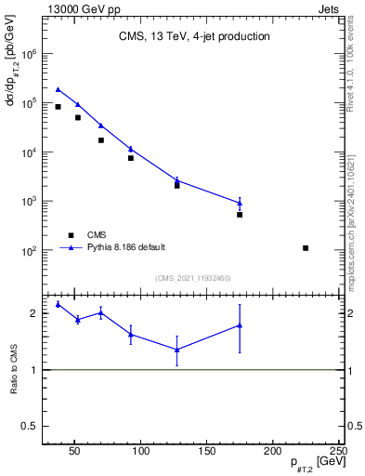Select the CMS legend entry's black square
pyautogui.click(x=71, y=235)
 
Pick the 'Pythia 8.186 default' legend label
pyautogui.click(x=126, y=247)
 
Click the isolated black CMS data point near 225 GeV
pyautogui.click(x=306, y=248)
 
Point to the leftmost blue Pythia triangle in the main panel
pyautogui.click(x=58, y=89)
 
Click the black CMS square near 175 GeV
pyautogui.click(x=240, y=215)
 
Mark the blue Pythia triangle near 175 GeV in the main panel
pyautogui.click(x=240, y=202)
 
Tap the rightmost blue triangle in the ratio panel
pyautogui.click(x=240, y=325)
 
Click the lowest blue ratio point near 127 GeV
pyautogui.click(x=176, y=350)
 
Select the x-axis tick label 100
pyautogui.click(x=141, y=451)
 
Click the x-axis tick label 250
pyautogui.click(x=338, y=451)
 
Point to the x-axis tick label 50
pyautogui.click(x=75, y=451)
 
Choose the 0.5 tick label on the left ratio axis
pyautogui.click(x=31, y=426)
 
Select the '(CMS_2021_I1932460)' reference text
pyautogui.click(x=192, y=278)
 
